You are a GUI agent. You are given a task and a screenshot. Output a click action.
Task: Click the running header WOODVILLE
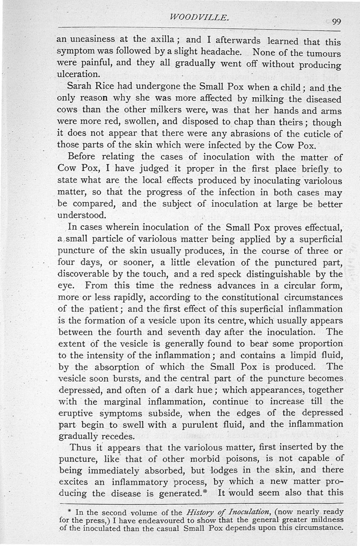[201, 18]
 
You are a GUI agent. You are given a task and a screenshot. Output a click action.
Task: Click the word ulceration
[77, 72]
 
